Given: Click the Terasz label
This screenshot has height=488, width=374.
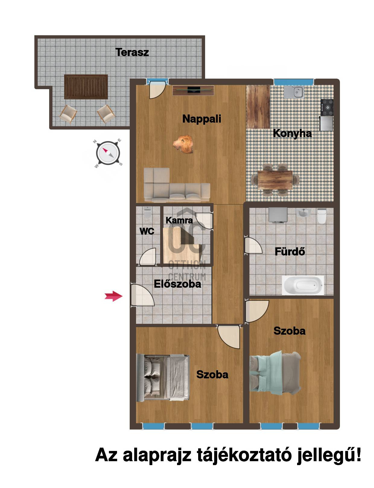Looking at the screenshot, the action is point(132,52).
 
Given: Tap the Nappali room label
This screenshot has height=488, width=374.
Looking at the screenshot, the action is point(202,119).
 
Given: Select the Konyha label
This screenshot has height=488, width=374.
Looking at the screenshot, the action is point(292,134).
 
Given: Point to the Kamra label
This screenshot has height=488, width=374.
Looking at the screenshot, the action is point(179,220).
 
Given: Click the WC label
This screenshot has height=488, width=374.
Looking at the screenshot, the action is point(147,231).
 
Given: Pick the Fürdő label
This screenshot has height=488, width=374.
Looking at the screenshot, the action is point(290,252).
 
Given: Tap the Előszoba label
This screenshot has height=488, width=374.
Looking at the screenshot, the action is point(177,284).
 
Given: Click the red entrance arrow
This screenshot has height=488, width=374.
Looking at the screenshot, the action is point(113,296).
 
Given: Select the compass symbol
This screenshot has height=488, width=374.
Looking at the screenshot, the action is point(108,153).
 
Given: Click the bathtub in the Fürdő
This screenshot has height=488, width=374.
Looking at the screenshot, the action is point(303,285).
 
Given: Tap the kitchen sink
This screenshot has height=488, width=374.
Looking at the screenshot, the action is point(294,92).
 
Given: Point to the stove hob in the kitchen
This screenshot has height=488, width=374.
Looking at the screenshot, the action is point(327,107).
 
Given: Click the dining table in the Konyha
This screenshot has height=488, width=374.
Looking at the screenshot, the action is point(275,180).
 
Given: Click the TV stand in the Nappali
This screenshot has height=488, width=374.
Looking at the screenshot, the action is point(193,90).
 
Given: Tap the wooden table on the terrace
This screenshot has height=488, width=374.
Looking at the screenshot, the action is point(86,87).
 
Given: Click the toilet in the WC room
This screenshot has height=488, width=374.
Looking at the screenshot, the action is point(147,212).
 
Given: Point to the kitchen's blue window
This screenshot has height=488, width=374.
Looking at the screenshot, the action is point(294,82).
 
